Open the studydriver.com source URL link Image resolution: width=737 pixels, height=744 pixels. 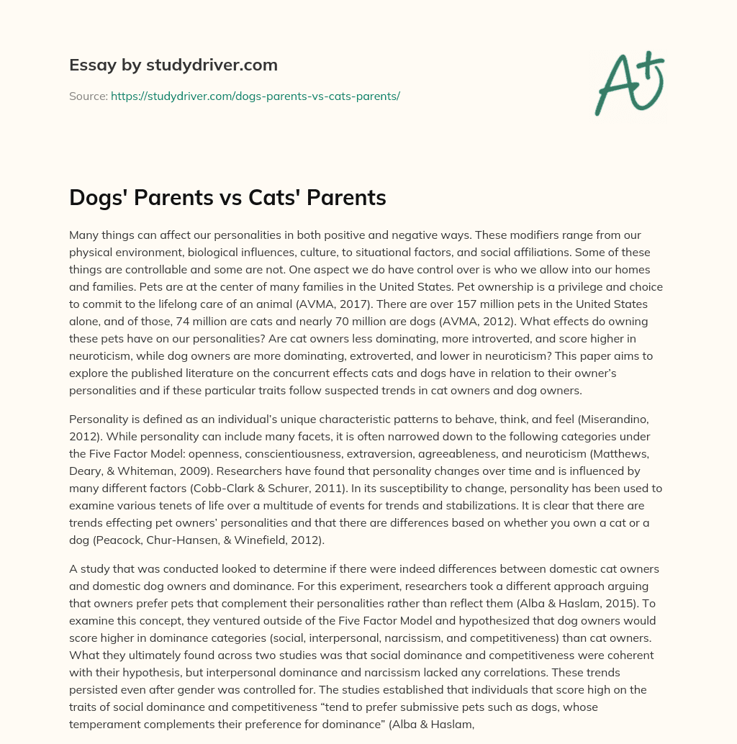click(x=255, y=96)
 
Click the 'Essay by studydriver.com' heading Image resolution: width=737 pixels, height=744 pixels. click(x=173, y=65)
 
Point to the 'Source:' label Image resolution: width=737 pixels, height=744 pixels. click(x=88, y=96)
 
